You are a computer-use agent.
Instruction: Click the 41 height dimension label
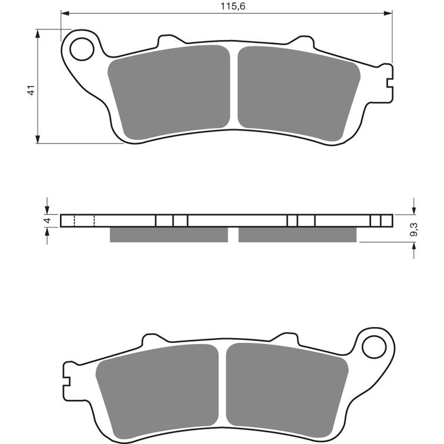pos(31,89)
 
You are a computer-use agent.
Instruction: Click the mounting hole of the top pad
pos(82,49)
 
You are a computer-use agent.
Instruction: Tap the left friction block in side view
pos(169,235)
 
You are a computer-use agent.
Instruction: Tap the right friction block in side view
pos(298,235)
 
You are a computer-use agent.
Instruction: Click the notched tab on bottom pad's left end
pos(66,376)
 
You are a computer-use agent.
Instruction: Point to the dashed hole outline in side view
pos(84,221)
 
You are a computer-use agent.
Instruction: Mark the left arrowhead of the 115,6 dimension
pos(65,12)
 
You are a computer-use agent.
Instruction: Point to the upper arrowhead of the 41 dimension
pos(38,33)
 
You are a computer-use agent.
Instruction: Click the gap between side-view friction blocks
pos(233,235)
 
